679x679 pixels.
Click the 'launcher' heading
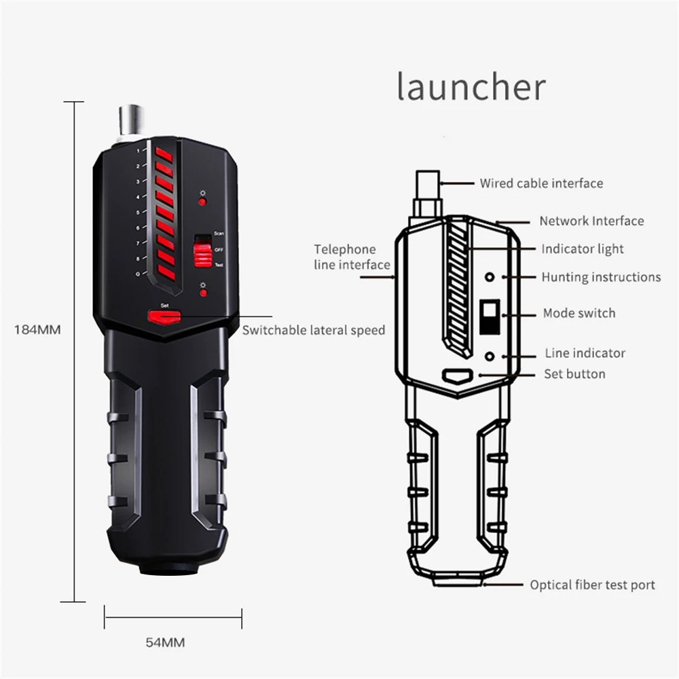(471, 87)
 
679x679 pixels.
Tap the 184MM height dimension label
(38, 330)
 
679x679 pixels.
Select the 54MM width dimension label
(165, 642)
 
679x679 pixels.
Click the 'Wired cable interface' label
(541, 183)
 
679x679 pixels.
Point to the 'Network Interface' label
(591, 221)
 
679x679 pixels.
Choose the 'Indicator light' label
(582, 249)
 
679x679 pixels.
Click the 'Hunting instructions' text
(601, 277)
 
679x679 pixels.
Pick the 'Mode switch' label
(579, 313)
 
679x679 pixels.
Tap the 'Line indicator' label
(585, 353)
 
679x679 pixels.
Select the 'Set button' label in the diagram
(574, 373)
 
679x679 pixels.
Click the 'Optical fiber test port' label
(592, 585)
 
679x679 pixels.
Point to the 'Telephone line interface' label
(352, 257)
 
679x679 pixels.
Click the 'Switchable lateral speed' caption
(314, 331)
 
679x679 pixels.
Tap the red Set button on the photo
(165, 316)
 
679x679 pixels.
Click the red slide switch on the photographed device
(202, 253)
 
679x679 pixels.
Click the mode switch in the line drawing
(489, 317)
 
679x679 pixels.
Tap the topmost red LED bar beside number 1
(164, 153)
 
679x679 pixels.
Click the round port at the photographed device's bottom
(166, 567)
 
